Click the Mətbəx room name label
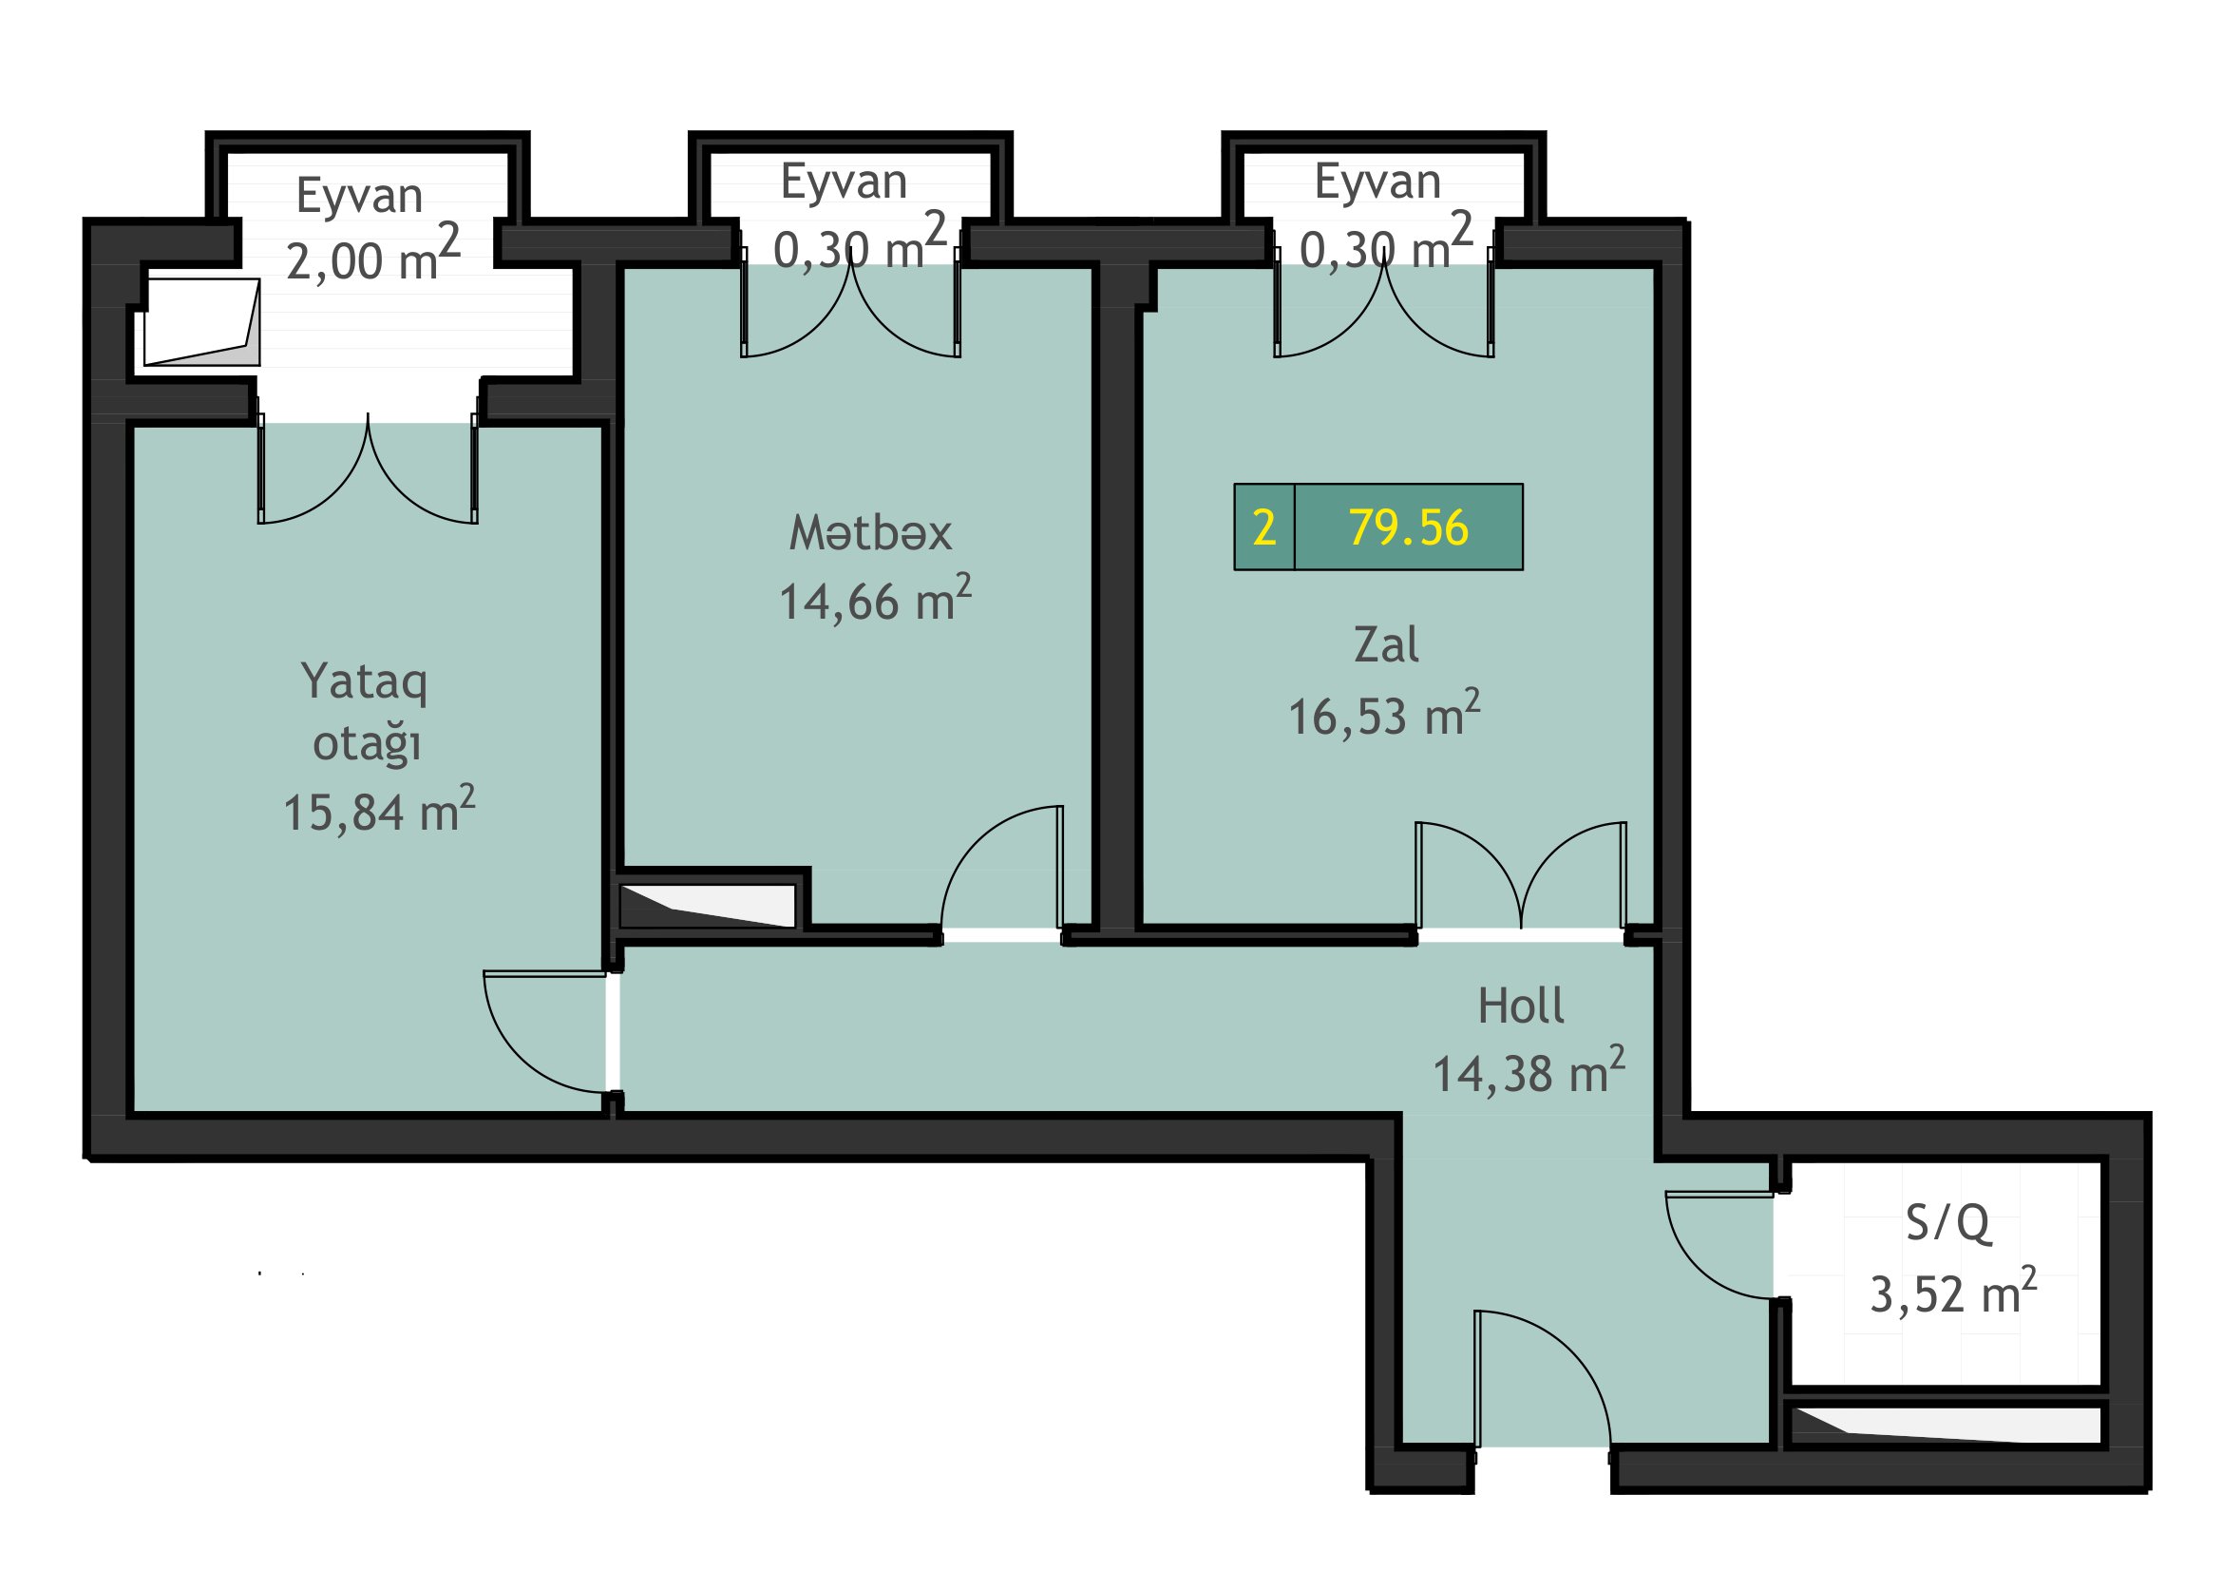870,533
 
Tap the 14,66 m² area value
875,599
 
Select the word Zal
1386,644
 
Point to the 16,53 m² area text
1384,715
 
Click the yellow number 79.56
1408,527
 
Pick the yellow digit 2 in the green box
1263,527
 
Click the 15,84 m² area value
378,810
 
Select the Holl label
1520,1006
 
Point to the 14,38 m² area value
1529,1071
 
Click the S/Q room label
1947,1223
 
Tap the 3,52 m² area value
1953,1292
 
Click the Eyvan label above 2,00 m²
359,198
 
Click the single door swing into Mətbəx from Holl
1002,870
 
